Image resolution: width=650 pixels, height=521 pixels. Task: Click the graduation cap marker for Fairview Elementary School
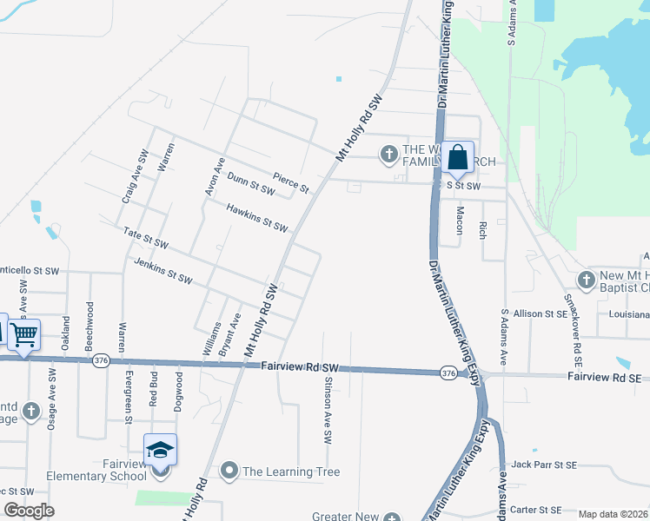[x=161, y=451]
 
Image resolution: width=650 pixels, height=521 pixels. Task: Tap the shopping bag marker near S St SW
[x=457, y=158]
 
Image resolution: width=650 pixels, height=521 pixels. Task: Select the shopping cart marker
[x=24, y=333]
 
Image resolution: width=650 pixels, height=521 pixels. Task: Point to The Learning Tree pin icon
[x=229, y=472]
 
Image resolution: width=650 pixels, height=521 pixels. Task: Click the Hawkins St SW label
[x=256, y=218]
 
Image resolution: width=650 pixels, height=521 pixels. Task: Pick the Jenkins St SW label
[x=162, y=270]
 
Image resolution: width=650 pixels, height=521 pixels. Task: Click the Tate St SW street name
[x=145, y=241]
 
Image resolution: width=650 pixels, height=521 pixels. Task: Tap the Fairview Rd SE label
[x=604, y=378]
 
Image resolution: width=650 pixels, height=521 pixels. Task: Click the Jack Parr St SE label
[x=545, y=465]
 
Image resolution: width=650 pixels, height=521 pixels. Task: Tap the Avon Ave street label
[x=209, y=175]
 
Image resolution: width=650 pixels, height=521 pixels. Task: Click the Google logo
[x=29, y=511]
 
